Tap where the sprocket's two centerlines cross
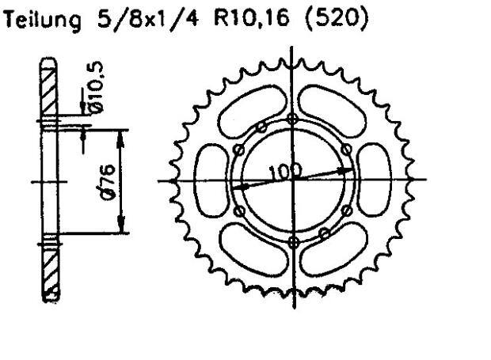[293, 180]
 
